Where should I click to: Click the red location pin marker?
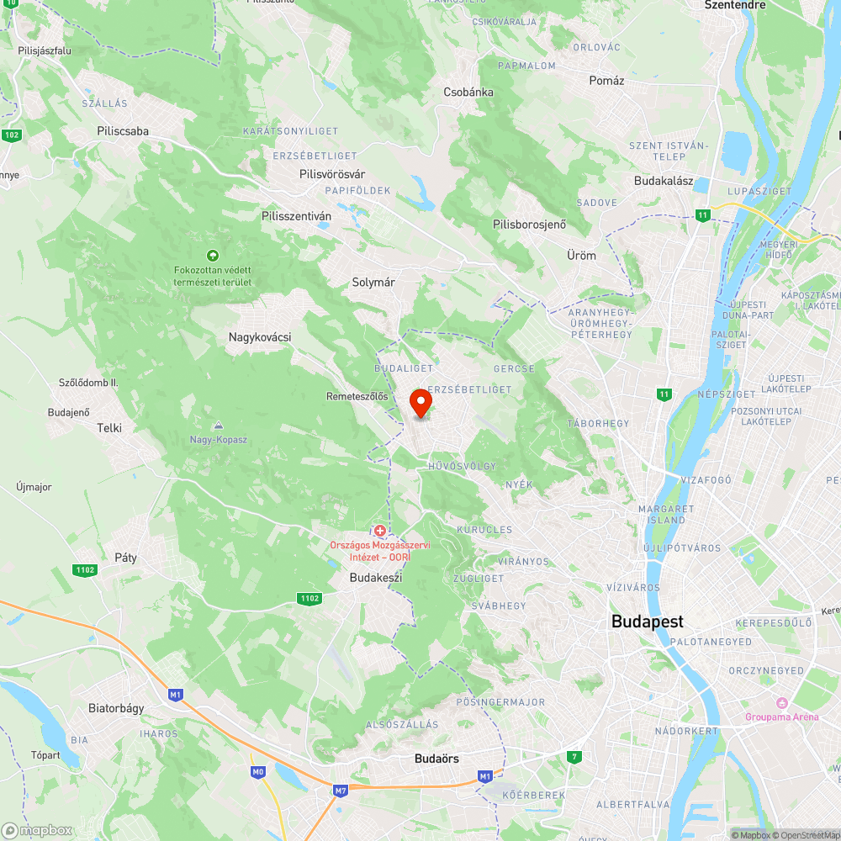point(420,403)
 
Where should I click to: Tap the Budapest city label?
point(648,622)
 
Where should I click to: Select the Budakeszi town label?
point(376,578)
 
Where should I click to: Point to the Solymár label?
point(373,283)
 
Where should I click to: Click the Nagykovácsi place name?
point(260,337)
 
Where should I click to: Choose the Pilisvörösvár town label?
point(332,173)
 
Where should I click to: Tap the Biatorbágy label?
point(116,708)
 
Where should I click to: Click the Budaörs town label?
point(436,759)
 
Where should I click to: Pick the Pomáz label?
point(607,81)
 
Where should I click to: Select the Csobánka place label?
point(468,92)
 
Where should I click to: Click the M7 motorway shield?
point(340,791)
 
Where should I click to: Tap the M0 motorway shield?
point(258,771)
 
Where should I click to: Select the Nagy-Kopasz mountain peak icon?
point(219,426)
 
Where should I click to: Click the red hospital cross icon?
point(380,531)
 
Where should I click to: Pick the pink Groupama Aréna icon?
point(783,703)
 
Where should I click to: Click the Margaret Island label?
point(666,515)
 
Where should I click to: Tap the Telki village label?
point(109,427)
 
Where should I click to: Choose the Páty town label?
point(125,557)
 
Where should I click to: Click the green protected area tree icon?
point(212,255)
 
